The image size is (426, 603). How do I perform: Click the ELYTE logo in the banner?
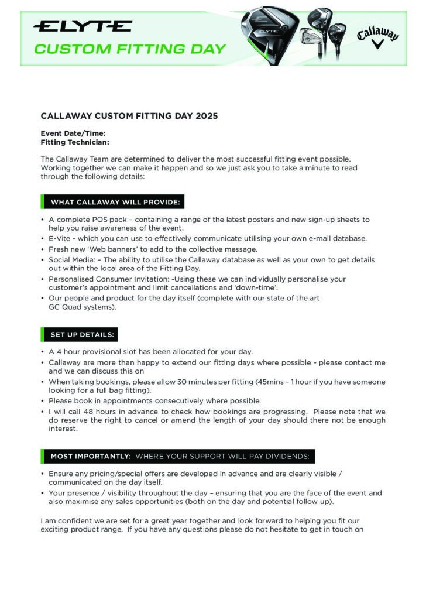82,26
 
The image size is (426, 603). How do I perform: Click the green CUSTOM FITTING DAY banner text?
129,49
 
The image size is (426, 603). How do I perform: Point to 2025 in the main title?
207,116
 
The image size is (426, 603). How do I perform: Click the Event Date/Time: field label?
73,133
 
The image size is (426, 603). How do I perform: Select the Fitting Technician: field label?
75,142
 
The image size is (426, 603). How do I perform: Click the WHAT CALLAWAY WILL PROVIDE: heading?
116,203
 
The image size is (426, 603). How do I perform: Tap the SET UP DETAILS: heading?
83,335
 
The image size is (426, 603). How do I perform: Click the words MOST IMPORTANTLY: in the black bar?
91,456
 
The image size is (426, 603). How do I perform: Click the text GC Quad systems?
82,307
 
